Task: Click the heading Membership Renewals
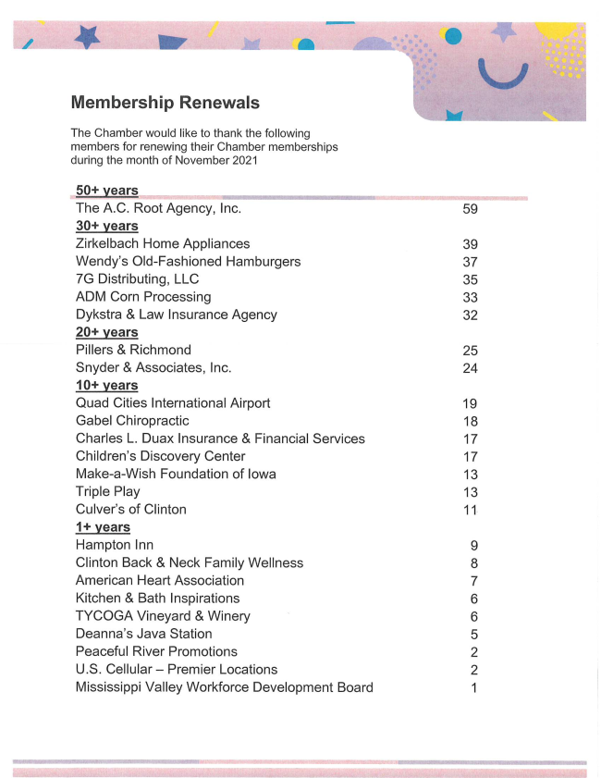(165, 103)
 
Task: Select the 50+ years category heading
(107, 191)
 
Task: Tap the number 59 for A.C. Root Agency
(470, 209)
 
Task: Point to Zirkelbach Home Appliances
(163, 244)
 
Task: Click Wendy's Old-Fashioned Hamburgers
(188, 262)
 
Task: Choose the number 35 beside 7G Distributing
(470, 279)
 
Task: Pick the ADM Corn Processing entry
(143, 297)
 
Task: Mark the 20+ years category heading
(107, 332)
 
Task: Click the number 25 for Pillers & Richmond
(470, 351)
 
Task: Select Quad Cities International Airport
(173, 403)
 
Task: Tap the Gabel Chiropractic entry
(132, 421)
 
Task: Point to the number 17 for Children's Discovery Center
(470, 457)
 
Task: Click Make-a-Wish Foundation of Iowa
(176, 475)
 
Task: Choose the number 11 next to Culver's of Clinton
(470, 510)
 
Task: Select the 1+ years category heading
(103, 527)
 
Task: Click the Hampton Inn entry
(115, 546)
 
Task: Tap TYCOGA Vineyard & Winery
(163, 616)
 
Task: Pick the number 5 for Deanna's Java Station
(473, 635)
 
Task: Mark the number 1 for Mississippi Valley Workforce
(473, 688)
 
